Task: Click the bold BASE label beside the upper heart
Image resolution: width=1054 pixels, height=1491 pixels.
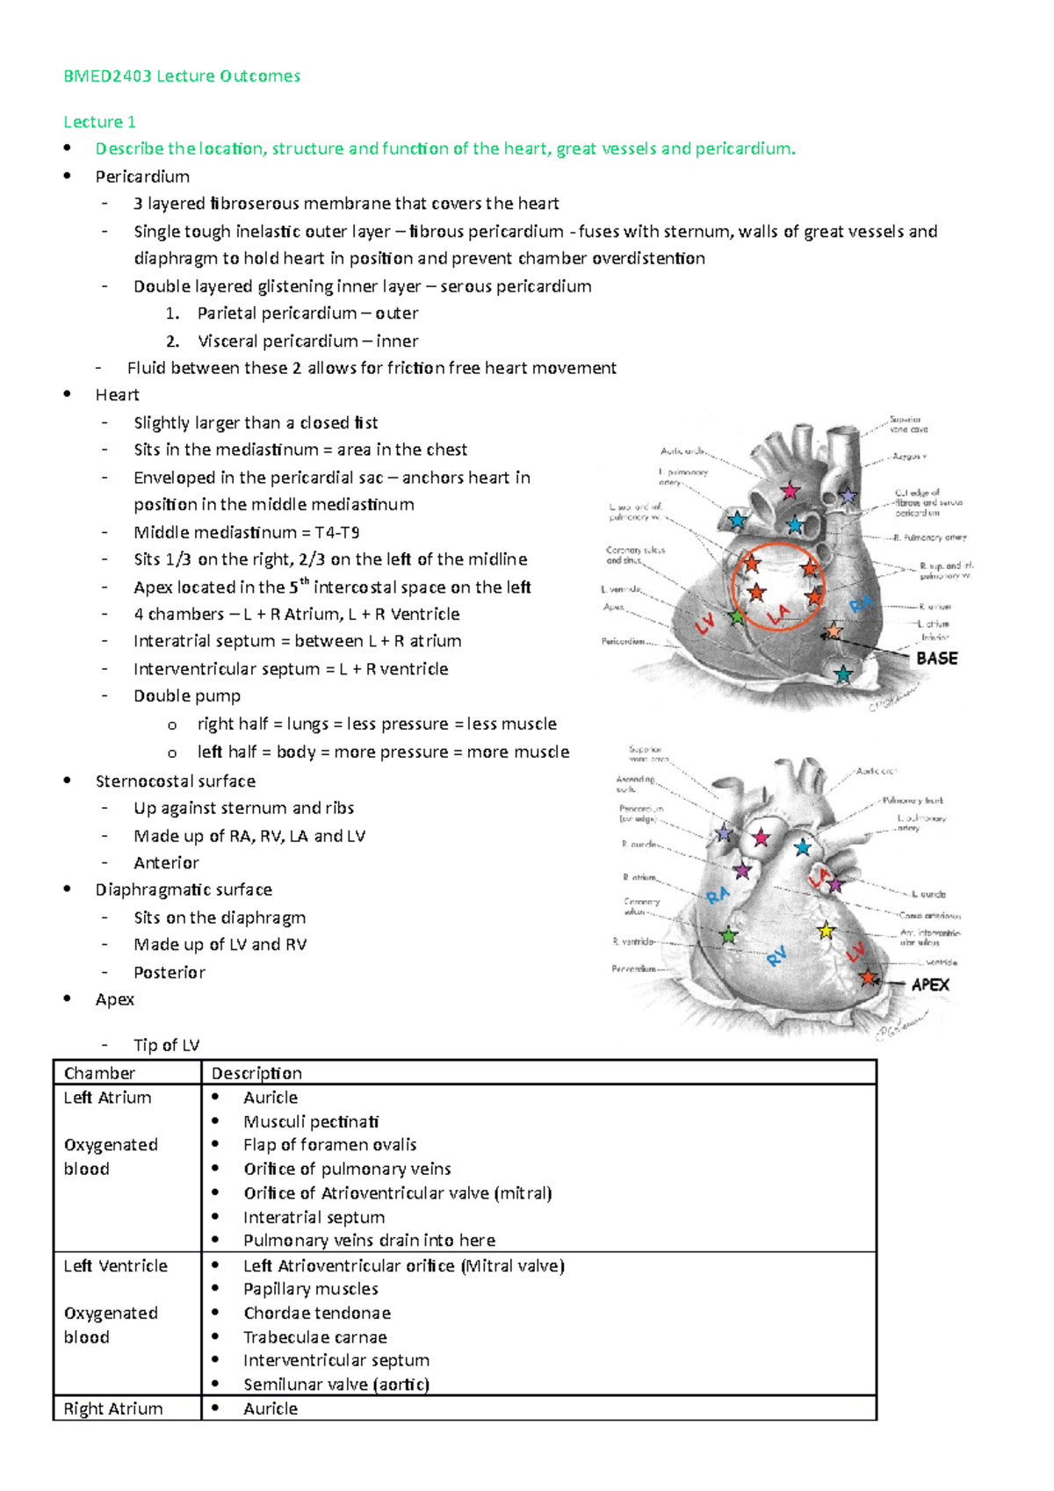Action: pos(936,659)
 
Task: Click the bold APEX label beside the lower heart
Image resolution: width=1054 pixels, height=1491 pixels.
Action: pos(930,984)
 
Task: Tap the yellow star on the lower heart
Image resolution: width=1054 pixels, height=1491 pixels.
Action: pos(826,930)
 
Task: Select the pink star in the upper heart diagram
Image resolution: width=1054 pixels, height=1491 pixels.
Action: pos(790,491)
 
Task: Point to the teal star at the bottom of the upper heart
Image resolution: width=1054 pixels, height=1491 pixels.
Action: pos(843,674)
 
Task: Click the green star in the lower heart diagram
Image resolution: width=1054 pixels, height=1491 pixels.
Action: pos(728,936)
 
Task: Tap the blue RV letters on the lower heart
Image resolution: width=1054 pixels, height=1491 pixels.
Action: pos(776,956)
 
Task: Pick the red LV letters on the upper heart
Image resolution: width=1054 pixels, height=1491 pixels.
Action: pos(705,624)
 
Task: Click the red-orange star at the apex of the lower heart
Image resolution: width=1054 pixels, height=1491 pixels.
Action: pos(869,977)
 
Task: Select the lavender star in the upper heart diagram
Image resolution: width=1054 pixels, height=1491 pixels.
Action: pos(847,496)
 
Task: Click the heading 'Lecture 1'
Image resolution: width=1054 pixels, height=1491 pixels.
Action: pos(99,122)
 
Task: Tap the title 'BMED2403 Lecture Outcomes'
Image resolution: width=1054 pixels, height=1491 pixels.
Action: pos(182,76)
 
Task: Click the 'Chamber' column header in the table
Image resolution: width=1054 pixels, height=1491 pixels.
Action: pos(99,1073)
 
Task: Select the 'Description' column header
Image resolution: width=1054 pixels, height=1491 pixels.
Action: pos(256,1073)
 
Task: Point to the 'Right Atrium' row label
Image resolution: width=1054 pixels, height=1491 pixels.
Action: pos(113,1408)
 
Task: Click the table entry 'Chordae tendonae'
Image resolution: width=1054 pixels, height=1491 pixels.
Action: pos(317,1313)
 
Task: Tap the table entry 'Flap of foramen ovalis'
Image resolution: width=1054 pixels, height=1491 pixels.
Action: pos(329,1145)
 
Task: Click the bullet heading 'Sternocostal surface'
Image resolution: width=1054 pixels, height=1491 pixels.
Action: pos(176,781)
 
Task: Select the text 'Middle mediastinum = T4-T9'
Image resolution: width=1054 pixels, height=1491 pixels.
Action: pos(247,532)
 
